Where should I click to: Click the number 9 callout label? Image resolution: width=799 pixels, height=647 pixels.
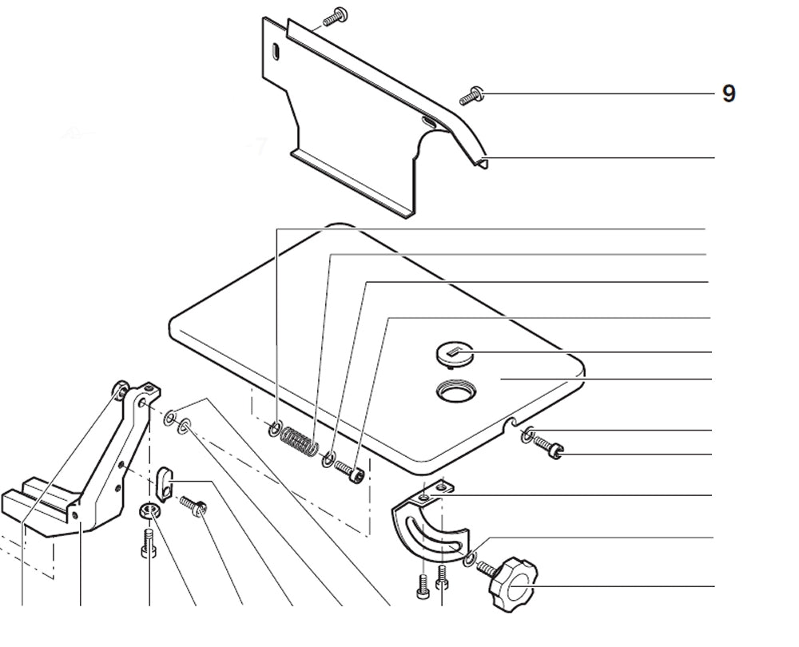(728, 94)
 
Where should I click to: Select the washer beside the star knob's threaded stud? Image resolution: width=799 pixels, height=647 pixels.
(470, 558)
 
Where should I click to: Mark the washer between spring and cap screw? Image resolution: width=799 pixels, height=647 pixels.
(328, 459)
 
